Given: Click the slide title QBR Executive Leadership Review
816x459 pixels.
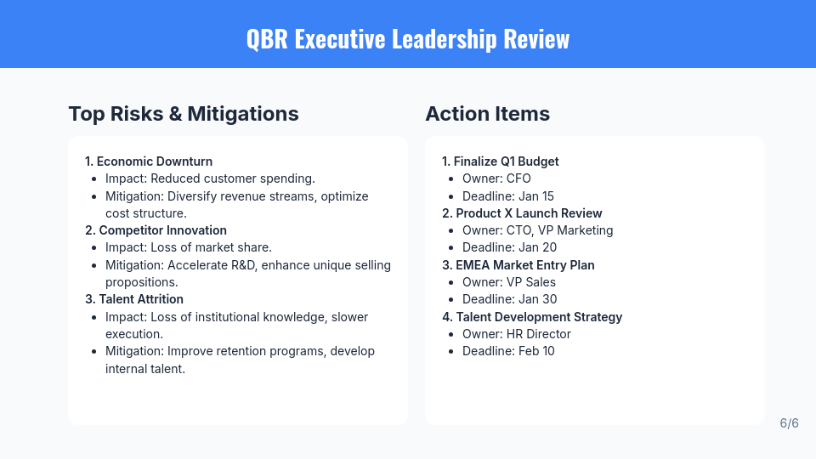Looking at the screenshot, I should coord(408,39).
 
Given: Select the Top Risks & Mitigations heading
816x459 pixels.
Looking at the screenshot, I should coord(184,114).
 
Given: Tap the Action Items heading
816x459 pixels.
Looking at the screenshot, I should coord(487,114).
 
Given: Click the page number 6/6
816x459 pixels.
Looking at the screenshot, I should coord(789,422).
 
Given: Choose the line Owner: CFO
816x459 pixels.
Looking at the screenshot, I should coord(496,178).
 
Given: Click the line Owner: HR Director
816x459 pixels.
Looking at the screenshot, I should coord(517,334).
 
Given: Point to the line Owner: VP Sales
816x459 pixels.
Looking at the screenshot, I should coord(509,282).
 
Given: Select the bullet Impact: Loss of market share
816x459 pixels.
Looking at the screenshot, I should coord(189,247).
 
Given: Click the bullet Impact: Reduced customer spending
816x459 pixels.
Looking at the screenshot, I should coord(210,178).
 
